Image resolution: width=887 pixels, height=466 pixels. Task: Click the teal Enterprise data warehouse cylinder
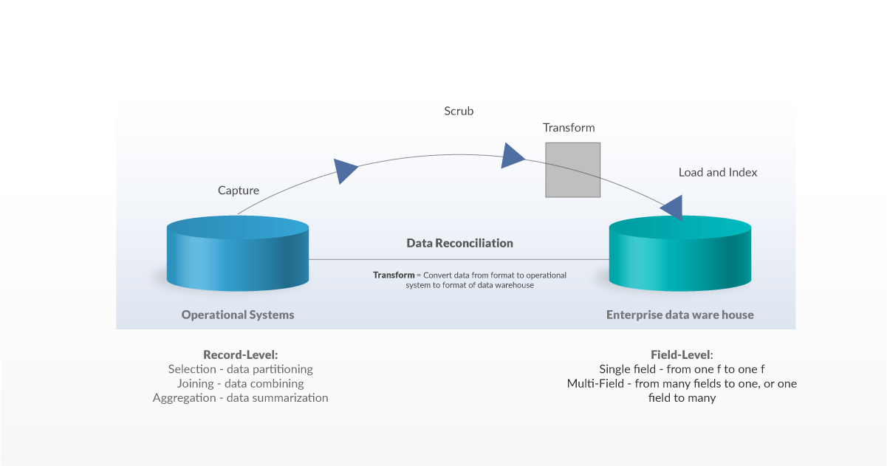pyautogui.click(x=679, y=255)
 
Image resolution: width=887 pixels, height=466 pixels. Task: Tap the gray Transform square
pyautogui.click(x=572, y=170)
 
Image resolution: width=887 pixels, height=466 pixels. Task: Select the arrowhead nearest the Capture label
pyautogui.click(x=345, y=170)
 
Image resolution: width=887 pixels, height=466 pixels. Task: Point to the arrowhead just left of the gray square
pyautogui.click(x=512, y=156)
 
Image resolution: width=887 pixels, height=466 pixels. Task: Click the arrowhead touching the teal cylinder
pyautogui.click(x=674, y=208)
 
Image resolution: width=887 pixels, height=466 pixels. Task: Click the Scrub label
pyautogui.click(x=459, y=111)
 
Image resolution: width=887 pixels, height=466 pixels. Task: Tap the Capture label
pyautogui.click(x=239, y=191)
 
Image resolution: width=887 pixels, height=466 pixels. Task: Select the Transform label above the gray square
pyautogui.click(x=569, y=128)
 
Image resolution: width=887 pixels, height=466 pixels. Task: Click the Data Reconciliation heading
pyautogui.click(x=459, y=243)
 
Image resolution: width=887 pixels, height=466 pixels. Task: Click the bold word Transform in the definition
pyautogui.click(x=394, y=275)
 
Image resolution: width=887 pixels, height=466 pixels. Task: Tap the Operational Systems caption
pyautogui.click(x=238, y=315)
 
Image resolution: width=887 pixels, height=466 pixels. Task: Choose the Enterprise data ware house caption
pyautogui.click(x=679, y=315)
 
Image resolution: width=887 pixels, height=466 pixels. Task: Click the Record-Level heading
pyautogui.click(x=240, y=354)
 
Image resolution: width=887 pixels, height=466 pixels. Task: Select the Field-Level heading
pyautogui.click(x=681, y=354)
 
